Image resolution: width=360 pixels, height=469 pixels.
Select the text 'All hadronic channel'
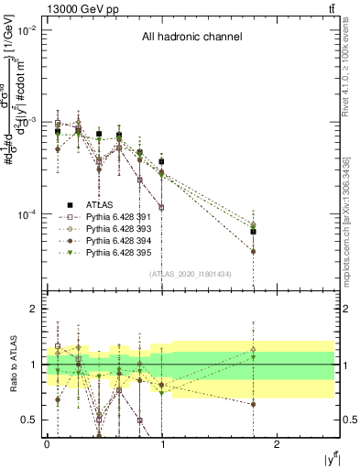tap(191, 38)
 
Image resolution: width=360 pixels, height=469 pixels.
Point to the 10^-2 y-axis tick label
tap(25, 30)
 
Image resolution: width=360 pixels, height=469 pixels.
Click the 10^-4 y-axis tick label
tap(25, 214)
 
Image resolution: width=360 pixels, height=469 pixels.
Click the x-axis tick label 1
tap(162, 442)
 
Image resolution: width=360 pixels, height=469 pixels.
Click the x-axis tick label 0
tap(47, 442)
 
